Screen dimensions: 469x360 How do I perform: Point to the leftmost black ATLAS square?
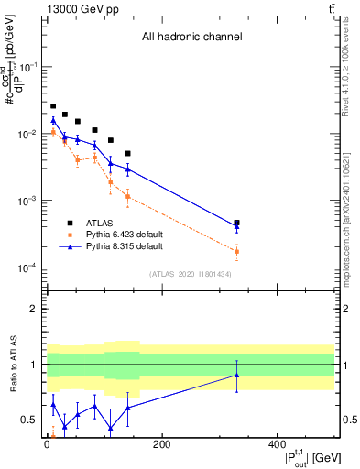53,106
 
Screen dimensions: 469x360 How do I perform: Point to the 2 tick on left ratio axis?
34,309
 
